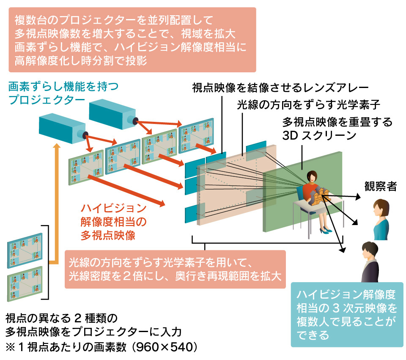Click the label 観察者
[x=380, y=186]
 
